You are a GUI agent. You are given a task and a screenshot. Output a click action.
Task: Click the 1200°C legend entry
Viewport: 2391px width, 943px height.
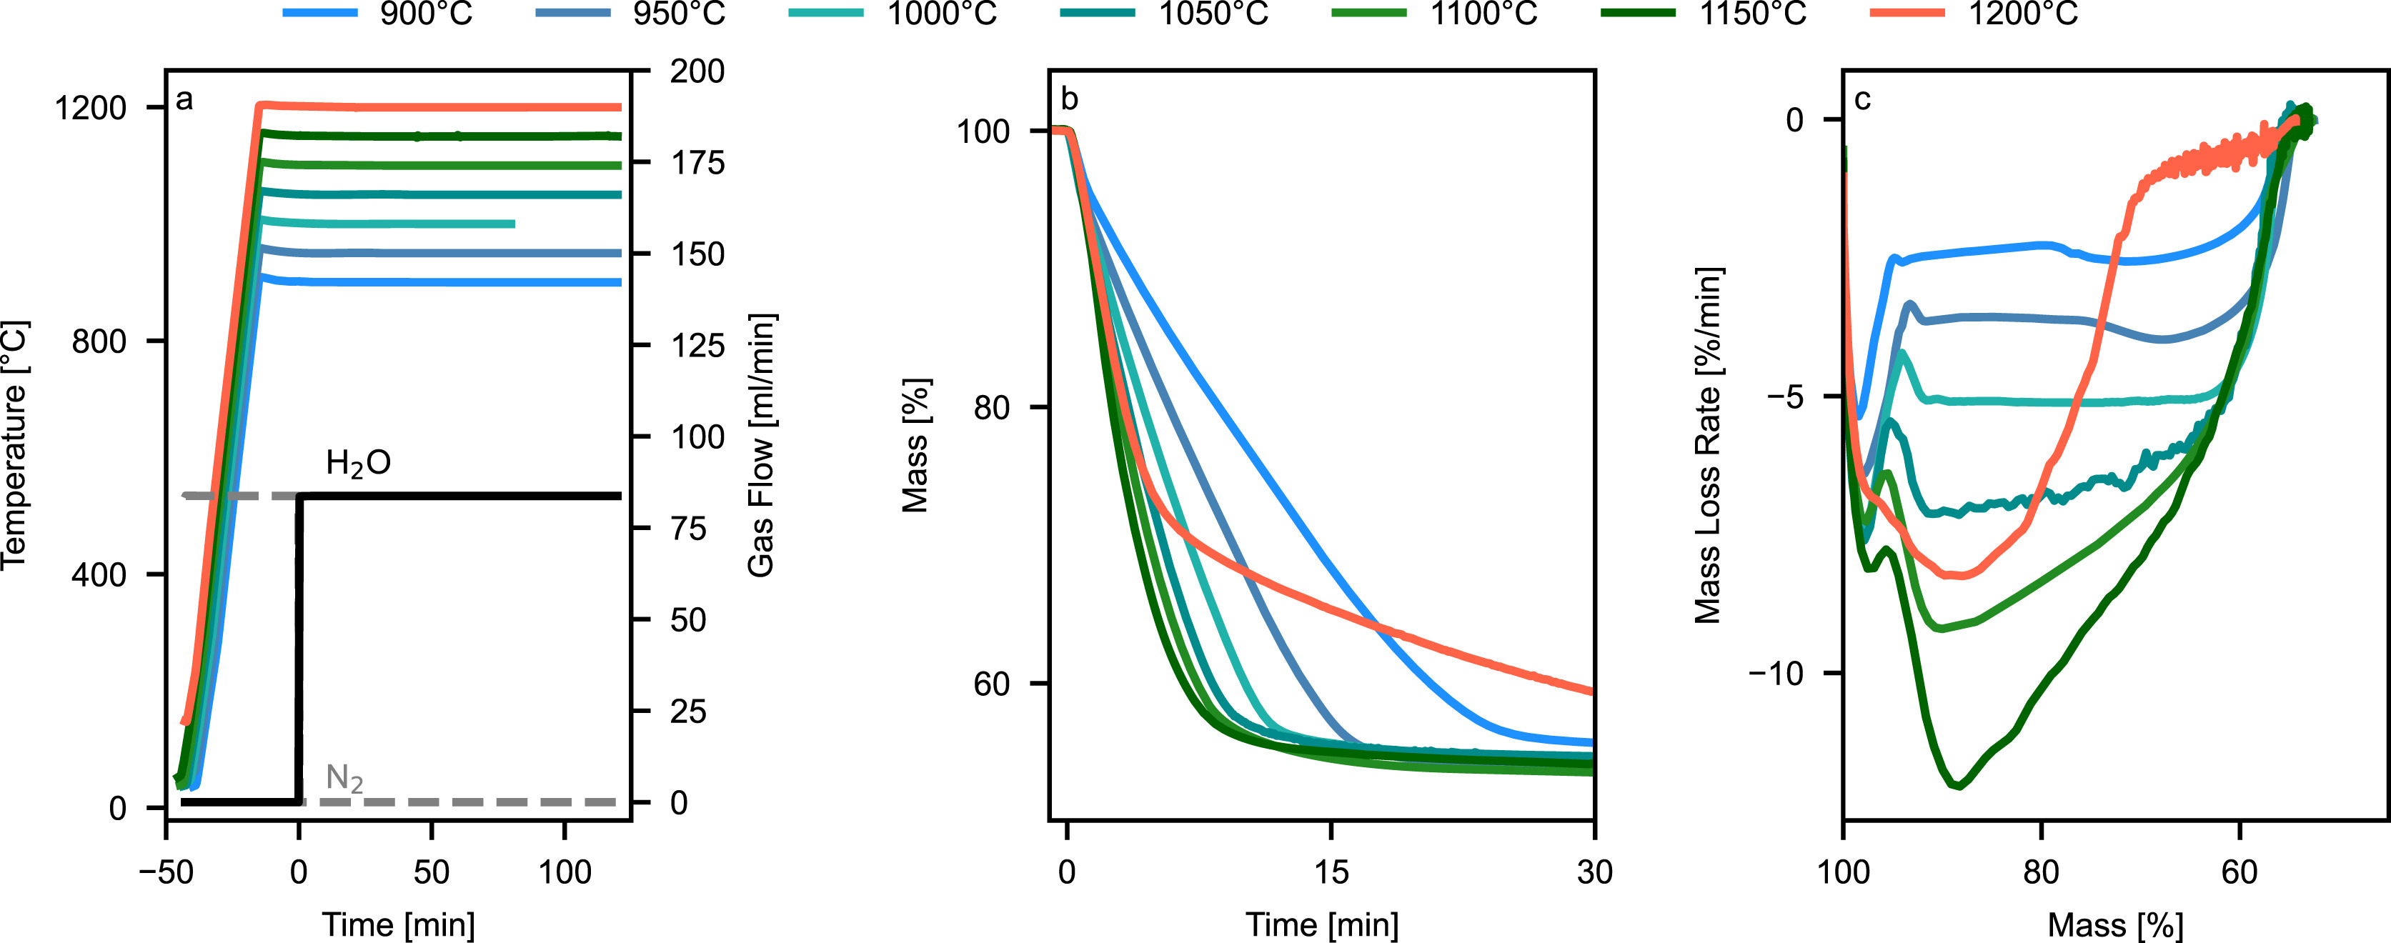[x=2024, y=13]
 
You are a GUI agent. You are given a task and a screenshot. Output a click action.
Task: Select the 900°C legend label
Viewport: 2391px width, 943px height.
[x=426, y=13]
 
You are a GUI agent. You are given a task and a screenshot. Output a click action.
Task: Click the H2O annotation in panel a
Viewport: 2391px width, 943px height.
[x=358, y=462]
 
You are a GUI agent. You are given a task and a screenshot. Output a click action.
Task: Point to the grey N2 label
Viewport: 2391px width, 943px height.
[x=344, y=778]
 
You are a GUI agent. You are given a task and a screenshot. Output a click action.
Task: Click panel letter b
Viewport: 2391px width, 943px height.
[x=1069, y=99]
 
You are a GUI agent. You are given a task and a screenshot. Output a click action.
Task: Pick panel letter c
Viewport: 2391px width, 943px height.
[x=1862, y=99]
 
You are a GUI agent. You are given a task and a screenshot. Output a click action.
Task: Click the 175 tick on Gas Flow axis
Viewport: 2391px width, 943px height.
[x=697, y=162]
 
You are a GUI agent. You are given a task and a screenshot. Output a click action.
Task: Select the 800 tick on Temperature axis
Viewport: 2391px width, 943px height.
[x=99, y=341]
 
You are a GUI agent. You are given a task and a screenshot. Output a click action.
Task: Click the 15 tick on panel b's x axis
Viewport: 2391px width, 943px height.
[x=1331, y=872]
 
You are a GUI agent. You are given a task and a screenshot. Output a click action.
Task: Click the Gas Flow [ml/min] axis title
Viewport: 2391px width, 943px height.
[x=761, y=446]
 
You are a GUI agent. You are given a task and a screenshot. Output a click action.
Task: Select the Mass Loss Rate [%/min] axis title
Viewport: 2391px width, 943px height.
[x=1708, y=446]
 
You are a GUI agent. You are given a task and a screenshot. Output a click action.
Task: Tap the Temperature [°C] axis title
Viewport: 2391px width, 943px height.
[x=15, y=446]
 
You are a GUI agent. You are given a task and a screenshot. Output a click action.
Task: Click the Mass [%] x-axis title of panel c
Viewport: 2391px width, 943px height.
[x=2115, y=925]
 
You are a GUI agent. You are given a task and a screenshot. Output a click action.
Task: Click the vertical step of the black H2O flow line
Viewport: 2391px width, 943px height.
[x=299, y=649]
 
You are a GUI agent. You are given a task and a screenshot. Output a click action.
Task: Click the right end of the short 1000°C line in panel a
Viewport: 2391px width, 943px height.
[x=512, y=224]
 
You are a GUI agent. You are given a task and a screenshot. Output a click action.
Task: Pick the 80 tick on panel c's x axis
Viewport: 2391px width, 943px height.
[x=2041, y=872]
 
